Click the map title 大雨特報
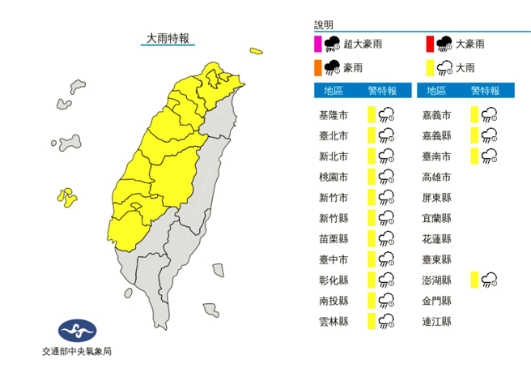point(168,38)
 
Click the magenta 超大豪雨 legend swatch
point(318,44)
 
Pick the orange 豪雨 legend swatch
point(318,66)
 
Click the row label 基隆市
point(334,115)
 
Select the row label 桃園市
point(334,177)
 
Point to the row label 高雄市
point(437,177)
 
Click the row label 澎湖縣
point(437,280)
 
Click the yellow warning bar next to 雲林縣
point(371,322)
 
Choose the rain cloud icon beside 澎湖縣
point(489,280)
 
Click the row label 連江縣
point(437,322)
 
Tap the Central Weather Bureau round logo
point(77,331)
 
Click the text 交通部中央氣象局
point(77,352)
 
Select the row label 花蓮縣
point(437,239)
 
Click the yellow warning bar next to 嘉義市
point(474,115)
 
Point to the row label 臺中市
point(334,259)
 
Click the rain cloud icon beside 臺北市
point(386,135)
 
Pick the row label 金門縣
point(437,301)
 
